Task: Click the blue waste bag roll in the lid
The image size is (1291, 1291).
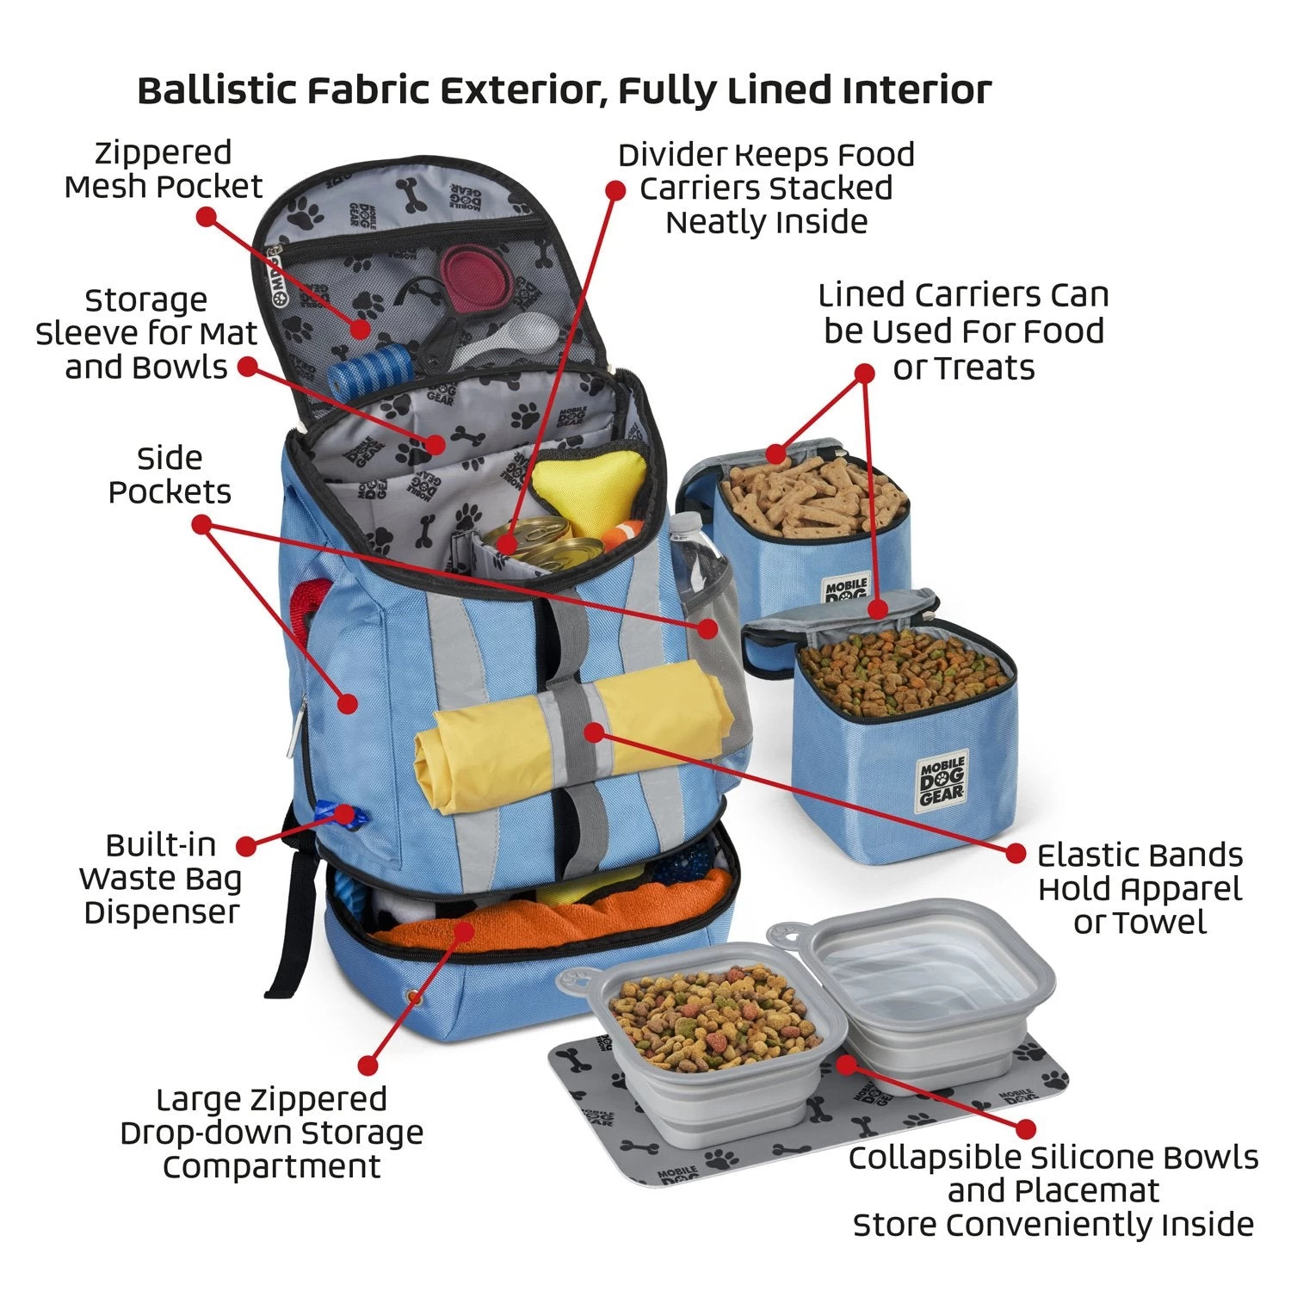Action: tap(369, 369)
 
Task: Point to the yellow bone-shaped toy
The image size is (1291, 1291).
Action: tap(571, 491)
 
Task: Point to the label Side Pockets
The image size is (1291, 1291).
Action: tap(170, 475)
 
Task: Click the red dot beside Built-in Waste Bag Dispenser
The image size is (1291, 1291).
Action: tap(246, 846)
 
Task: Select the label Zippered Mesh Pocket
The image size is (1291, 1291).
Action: tap(164, 170)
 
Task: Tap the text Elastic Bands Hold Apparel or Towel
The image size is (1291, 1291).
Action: tap(1140, 889)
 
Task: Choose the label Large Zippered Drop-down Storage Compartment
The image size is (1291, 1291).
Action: tap(272, 1133)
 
